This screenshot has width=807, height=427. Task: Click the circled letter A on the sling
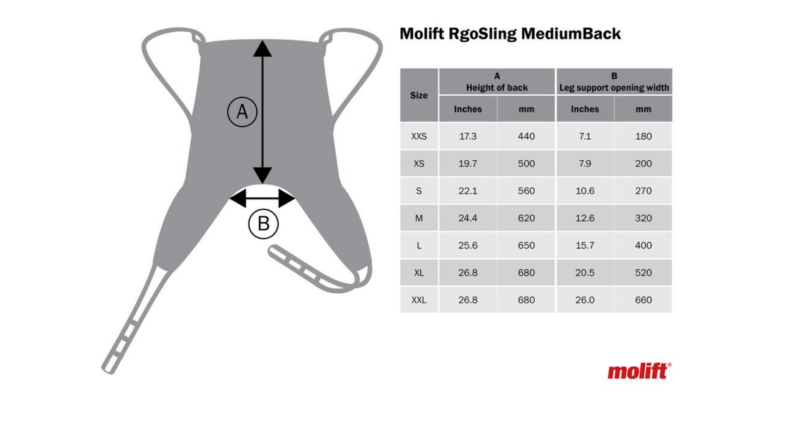tap(242, 112)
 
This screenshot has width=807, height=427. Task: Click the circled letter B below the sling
tap(264, 224)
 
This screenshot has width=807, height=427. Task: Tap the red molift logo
tap(639, 371)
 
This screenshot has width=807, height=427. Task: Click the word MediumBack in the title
tap(571, 34)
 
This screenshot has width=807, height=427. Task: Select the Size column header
tap(419, 95)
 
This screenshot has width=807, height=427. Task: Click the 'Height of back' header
tap(497, 88)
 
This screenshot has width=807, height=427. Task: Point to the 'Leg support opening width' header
tap(614, 88)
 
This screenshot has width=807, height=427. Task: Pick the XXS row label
tap(419, 136)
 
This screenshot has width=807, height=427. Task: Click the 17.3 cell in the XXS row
tap(468, 136)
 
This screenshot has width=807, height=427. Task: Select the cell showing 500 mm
tap(526, 164)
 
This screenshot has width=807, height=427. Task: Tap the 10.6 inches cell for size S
tap(585, 191)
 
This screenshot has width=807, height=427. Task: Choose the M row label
tap(419, 218)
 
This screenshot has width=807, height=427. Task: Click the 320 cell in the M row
tap(643, 218)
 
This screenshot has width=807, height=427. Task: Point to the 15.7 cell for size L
tap(585, 246)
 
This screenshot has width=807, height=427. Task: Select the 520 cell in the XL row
tap(643, 273)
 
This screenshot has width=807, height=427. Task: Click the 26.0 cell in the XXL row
tap(585, 300)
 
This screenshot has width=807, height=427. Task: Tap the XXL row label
tap(419, 300)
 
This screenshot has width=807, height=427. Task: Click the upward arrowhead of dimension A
tap(262, 48)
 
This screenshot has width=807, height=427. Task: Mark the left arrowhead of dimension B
tap(238, 198)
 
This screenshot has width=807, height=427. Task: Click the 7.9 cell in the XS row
tap(585, 164)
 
